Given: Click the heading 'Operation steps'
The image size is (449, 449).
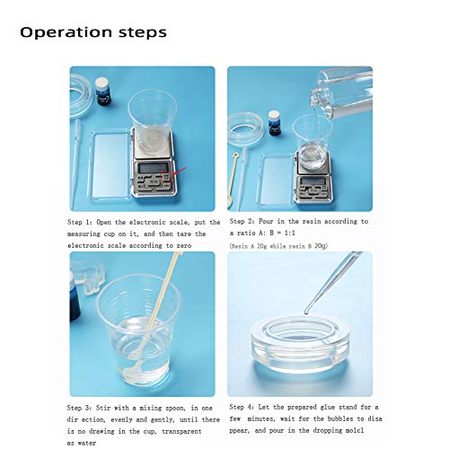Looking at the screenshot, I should (x=93, y=32).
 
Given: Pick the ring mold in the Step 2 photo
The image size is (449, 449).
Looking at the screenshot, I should (x=243, y=127).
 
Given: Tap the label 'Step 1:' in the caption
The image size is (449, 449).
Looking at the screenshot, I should (x=83, y=221).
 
